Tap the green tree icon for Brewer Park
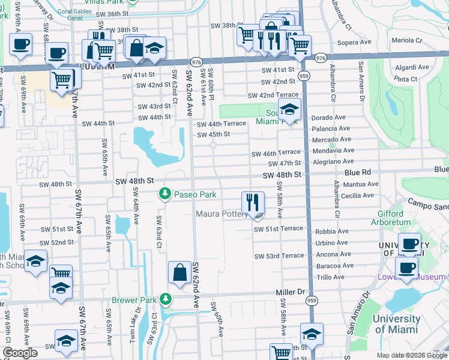pos(165,299)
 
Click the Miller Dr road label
pos(291,292)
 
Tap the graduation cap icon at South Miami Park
pos(289,110)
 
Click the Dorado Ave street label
pos(330,118)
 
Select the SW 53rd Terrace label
pos(279,256)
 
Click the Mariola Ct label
pos(408,40)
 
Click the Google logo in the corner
pos(20,353)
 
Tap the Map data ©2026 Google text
pos(411,355)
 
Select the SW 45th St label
pos(214,134)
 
